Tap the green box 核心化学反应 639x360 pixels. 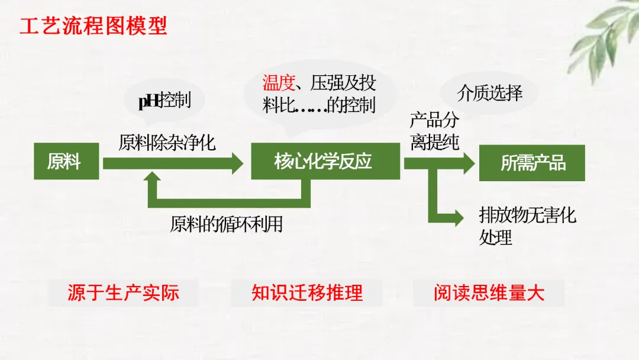coord(322,161)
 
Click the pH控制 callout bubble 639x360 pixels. coord(164,100)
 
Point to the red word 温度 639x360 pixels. coord(278,82)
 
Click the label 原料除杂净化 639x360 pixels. coord(167,143)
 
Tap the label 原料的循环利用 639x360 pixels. coord(227,224)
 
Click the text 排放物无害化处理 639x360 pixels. coord(527,226)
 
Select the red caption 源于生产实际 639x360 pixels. coord(123,292)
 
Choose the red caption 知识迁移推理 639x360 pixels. coord(306,292)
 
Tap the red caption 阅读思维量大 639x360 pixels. coord(489,292)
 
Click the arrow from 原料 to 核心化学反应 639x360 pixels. coord(172,163)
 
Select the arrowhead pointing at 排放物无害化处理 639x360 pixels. coord(457,217)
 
